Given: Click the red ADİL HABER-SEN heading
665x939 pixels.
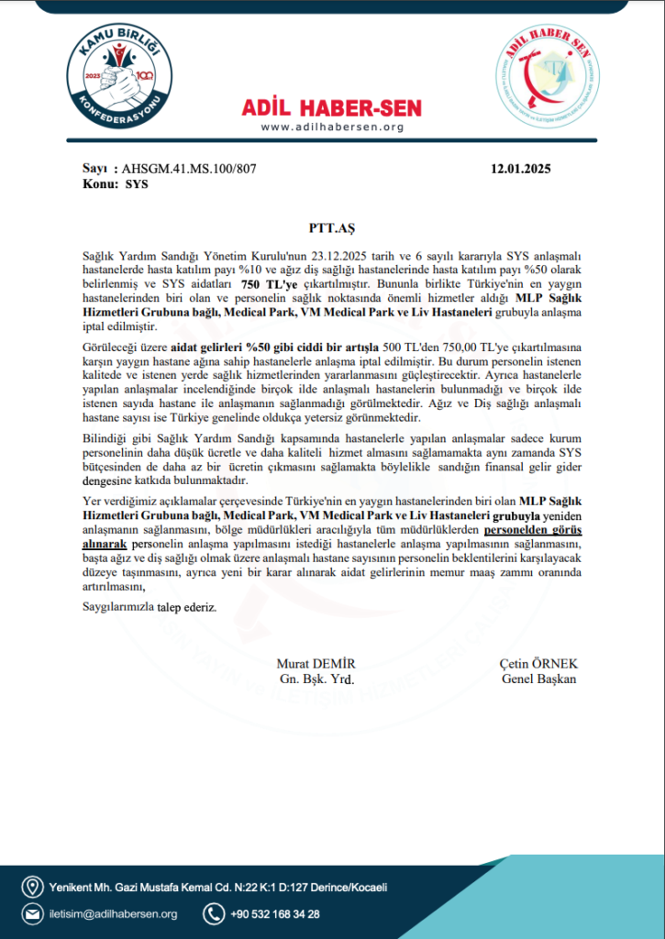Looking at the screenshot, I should tap(332, 108).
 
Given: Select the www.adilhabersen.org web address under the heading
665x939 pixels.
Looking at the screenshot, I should tap(332, 127).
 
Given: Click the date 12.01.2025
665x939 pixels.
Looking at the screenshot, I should tap(521, 169).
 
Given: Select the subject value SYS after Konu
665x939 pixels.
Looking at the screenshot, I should tap(137, 183).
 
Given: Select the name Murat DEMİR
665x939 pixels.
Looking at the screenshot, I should tap(316, 664).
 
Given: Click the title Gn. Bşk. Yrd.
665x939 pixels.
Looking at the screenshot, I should tap(316, 679).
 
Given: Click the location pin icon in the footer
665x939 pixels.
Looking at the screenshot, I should tap(33, 887).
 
